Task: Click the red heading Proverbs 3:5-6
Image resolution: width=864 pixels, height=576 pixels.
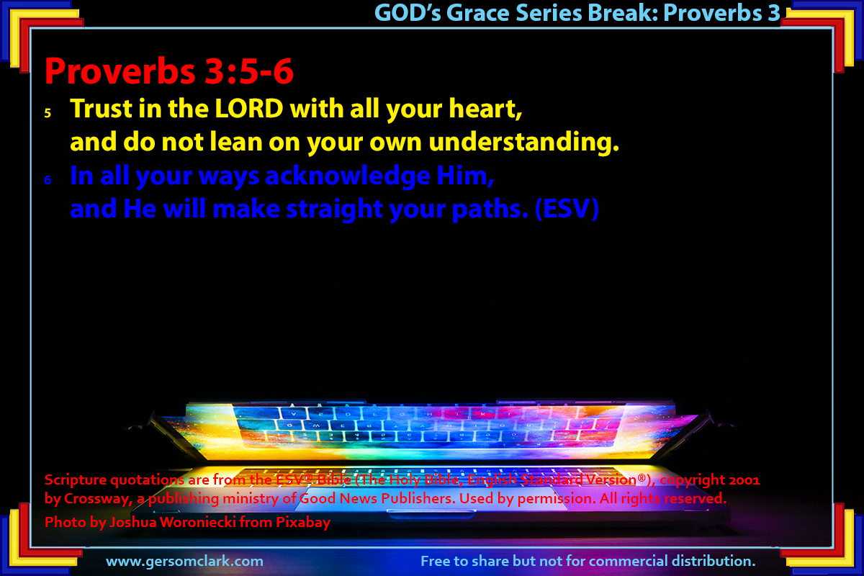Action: tap(169, 71)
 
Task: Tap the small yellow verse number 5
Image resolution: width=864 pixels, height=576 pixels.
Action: tap(48, 113)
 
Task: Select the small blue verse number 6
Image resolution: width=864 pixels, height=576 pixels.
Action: tap(48, 180)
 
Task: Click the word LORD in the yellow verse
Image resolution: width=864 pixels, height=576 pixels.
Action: tap(249, 109)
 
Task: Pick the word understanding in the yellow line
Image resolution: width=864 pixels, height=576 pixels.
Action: tap(524, 142)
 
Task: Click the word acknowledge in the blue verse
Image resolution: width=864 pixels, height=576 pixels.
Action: tap(348, 176)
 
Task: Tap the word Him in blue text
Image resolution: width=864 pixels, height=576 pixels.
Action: tap(465, 176)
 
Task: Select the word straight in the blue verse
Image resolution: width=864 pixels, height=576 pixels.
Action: tap(335, 210)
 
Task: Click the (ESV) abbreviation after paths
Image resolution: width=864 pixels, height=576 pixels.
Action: tap(567, 209)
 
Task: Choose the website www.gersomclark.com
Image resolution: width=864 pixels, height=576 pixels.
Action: tap(185, 562)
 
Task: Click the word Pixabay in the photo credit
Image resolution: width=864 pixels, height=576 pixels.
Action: tap(303, 523)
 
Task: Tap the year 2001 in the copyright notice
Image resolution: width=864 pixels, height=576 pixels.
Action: tap(744, 480)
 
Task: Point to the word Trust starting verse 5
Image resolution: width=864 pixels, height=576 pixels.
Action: tap(102, 109)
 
